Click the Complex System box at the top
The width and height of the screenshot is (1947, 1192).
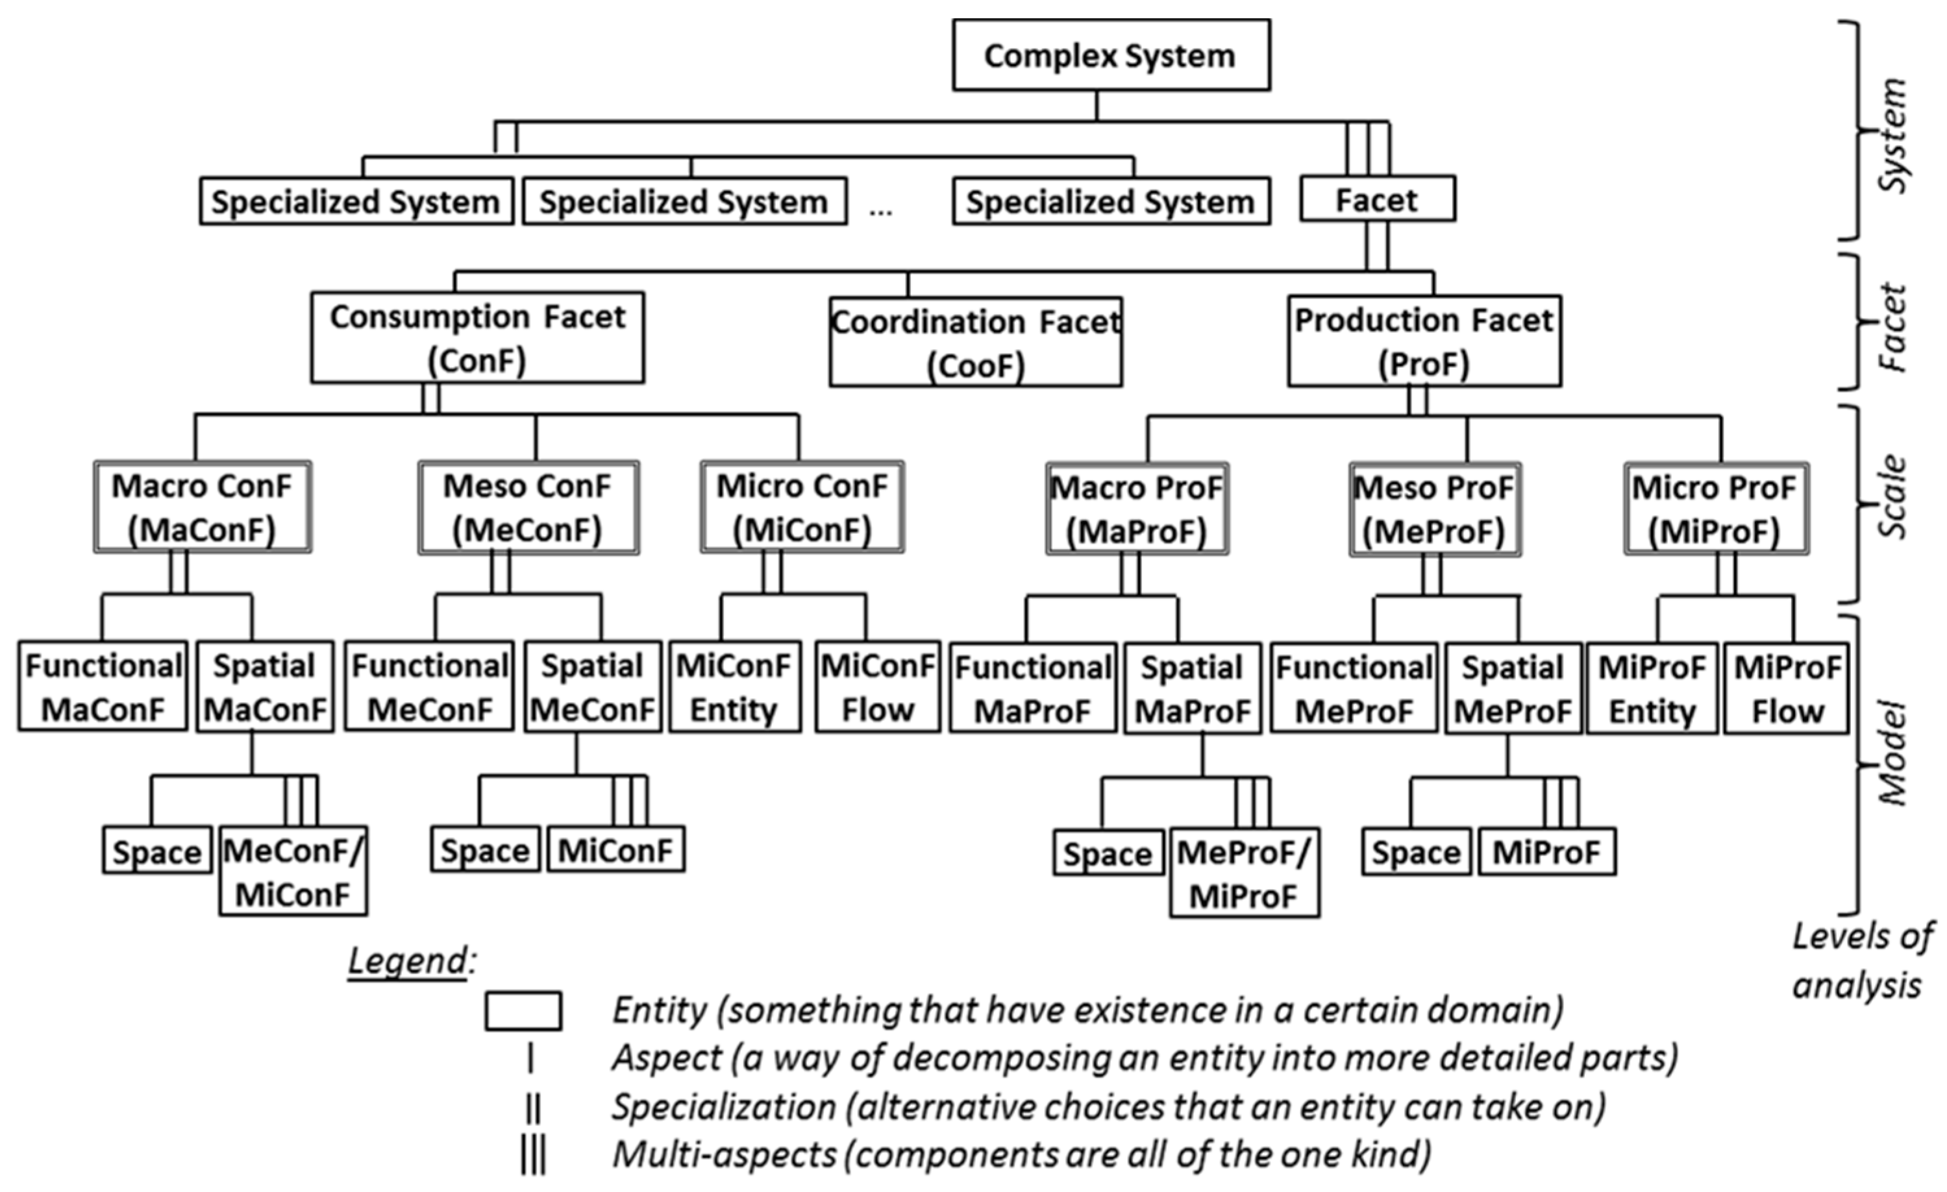point(1110,55)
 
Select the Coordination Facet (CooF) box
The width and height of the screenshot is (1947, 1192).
point(975,342)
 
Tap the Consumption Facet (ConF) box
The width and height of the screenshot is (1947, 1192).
point(477,338)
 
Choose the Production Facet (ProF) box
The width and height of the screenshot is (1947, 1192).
point(1424,341)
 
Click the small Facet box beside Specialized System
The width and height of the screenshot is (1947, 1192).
point(1376,199)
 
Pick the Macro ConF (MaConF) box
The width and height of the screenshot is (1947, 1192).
point(203,507)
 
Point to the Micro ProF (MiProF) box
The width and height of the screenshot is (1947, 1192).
point(1715,509)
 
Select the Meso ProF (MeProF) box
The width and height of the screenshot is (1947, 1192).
point(1434,509)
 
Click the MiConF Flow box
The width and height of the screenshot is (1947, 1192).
point(877,687)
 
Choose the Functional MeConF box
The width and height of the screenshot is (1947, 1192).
point(429,687)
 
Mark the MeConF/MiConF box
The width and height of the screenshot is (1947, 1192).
point(293,871)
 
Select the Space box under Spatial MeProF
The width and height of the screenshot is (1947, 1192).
point(1416,853)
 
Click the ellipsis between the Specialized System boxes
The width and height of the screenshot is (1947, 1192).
point(880,210)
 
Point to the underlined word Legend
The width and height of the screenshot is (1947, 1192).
point(408,960)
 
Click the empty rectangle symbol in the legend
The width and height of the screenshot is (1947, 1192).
point(523,1011)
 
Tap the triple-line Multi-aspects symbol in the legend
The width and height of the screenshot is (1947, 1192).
point(532,1156)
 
